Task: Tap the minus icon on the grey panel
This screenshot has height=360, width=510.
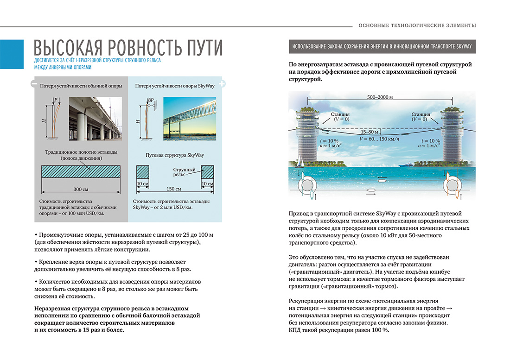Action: point(34,84)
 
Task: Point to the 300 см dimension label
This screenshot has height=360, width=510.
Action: point(81,189)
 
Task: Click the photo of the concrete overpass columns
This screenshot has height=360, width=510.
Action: point(96,118)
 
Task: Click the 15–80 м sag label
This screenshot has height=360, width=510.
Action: point(376,132)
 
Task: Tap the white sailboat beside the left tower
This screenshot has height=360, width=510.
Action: point(302,161)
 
